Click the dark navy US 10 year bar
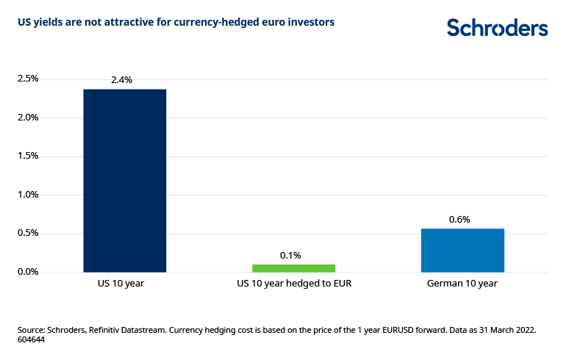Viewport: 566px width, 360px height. coord(124,181)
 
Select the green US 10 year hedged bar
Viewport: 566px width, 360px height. coord(293,268)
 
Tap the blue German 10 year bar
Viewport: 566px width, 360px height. coord(462,251)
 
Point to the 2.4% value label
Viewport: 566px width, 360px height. coord(121,79)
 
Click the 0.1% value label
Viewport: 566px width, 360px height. coord(290,255)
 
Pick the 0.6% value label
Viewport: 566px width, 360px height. coord(459,219)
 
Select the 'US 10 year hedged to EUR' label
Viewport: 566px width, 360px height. coord(294,283)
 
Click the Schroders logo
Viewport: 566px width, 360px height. coord(498,28)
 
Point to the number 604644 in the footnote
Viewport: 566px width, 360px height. coord(32,340)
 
